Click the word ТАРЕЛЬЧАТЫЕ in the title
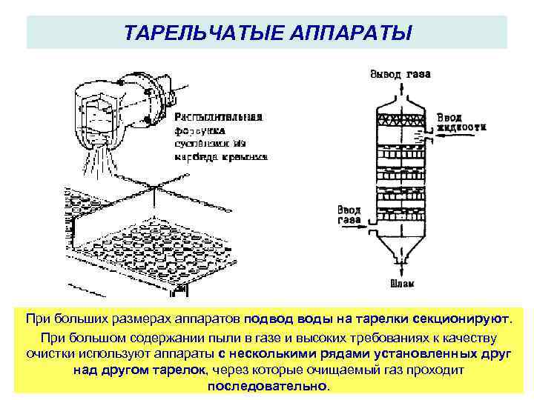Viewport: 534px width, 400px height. pyautogui.click(x=188, y=33)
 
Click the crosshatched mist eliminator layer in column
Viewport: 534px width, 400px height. pyautogui.click(x=400, y=119)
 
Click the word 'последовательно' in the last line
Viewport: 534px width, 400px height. pyautogui.click(x=267, y=387)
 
